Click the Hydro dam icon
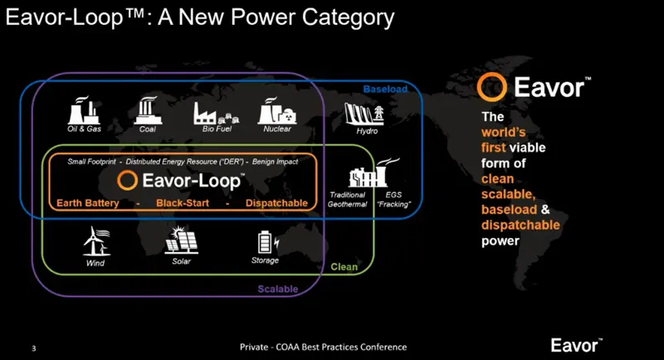pos(366,113)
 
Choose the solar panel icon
pos(180,241)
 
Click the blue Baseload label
pos(385,88)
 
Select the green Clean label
pos(344,267)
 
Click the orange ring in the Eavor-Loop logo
pos(127,181)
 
